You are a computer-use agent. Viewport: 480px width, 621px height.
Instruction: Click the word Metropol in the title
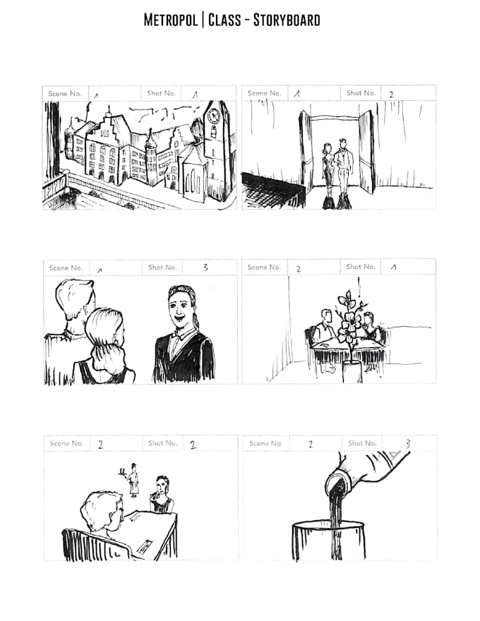pos(171,20)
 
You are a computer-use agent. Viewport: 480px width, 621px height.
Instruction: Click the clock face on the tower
pos(214,116)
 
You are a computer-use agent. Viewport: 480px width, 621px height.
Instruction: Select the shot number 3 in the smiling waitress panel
pos(205,267)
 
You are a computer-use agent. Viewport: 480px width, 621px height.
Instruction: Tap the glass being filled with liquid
pos(329,541)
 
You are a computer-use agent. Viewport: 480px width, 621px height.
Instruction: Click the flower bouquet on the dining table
pos(349,321)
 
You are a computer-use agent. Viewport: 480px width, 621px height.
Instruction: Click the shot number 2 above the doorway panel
pos(391,94)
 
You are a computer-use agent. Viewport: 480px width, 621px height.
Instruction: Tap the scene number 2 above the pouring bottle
pos(310,444)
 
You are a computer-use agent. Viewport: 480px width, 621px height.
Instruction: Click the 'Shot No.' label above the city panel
pos(161,93)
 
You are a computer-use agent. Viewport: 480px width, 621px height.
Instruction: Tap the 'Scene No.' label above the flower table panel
pos(264,267)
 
